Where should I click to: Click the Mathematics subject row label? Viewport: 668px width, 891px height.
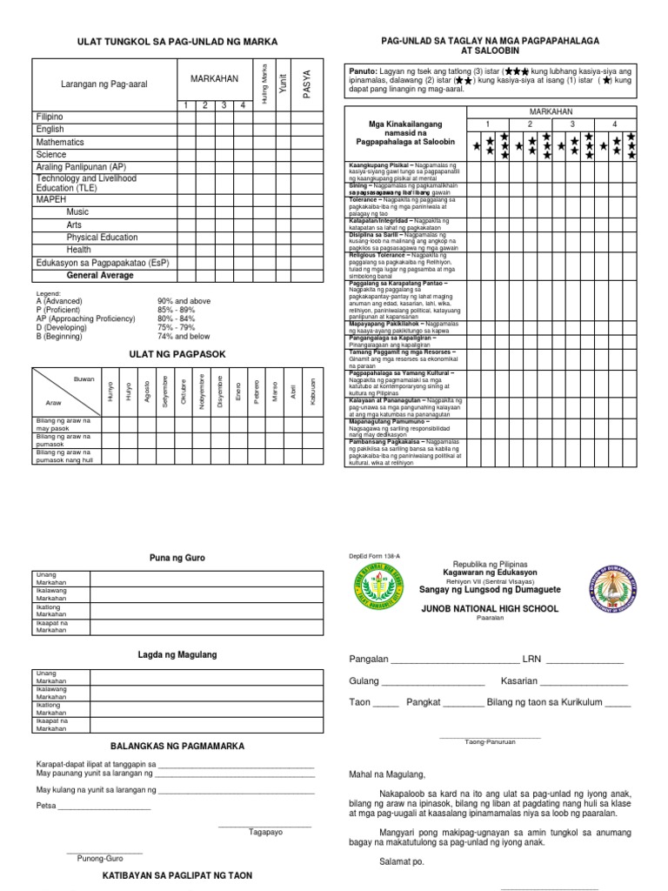[x=60, y=142]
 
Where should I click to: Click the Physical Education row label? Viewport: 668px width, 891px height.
[x=102, y=237]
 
